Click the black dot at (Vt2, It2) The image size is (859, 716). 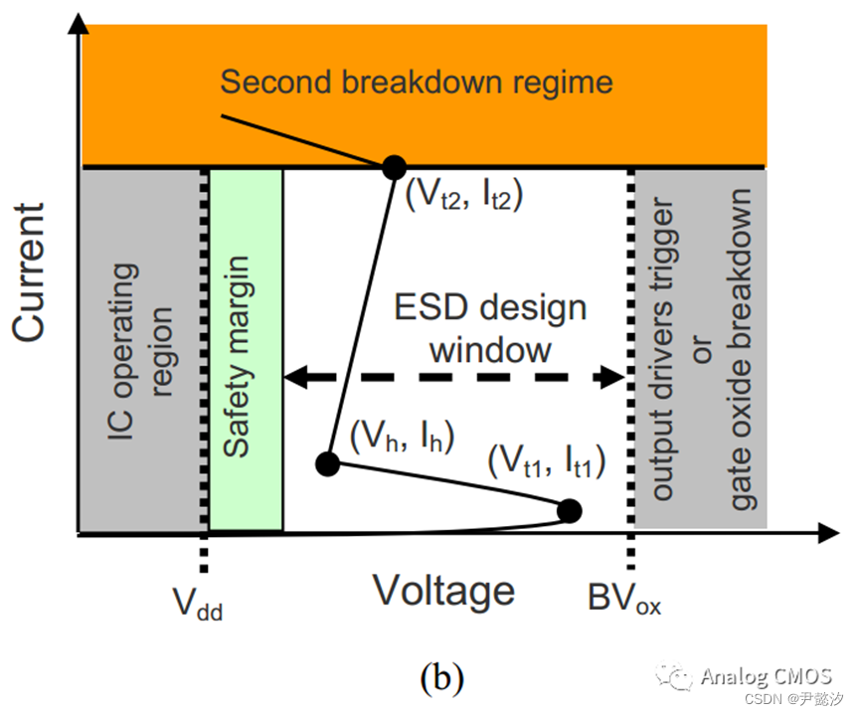point(394,166)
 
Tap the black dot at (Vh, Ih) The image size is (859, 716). point(327,462)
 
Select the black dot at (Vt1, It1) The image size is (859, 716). point(569,511)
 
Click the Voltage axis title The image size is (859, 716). point(443,591)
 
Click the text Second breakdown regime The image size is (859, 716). point(416,81)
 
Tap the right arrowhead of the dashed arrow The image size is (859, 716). point(611,377)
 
